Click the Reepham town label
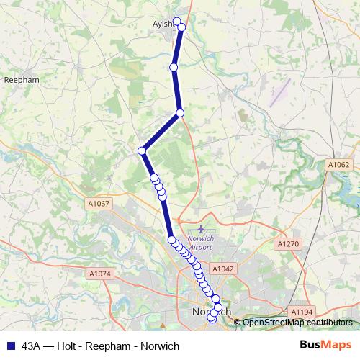point(16,79)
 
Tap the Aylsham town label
point(165,24)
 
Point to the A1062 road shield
point(338,165)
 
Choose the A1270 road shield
point(287,245)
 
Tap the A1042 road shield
point(223,268)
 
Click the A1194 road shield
point(303,312)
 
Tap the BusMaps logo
point(325,346)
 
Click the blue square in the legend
point(9,346)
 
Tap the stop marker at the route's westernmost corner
point(143,150)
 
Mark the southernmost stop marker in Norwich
point(212,320)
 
